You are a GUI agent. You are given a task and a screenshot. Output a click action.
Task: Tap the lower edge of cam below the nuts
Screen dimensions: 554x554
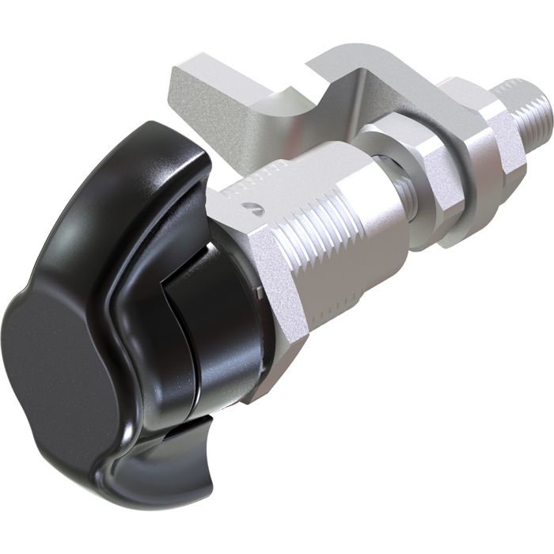click(443, 230)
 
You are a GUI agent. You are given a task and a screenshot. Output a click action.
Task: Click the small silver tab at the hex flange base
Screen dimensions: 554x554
click(259, 293)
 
